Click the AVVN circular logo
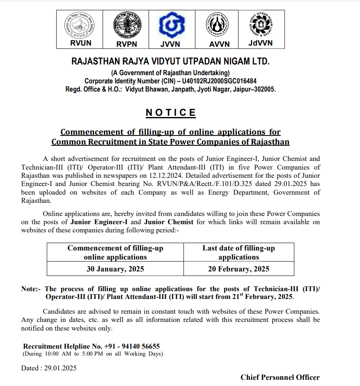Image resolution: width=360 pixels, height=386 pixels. [219, 25]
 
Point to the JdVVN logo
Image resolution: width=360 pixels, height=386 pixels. [261, 24]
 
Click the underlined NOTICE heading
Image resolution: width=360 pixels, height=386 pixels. [171, 113]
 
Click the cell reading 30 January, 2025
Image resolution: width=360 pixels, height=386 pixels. [115, 269]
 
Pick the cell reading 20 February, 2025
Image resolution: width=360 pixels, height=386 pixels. [238, 269]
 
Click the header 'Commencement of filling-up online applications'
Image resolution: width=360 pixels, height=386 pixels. [115, 253]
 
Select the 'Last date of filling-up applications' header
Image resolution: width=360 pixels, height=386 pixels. [238, 253]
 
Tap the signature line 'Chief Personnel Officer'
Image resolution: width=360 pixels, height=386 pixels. [280, 377]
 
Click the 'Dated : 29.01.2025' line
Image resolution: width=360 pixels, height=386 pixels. [49, 368]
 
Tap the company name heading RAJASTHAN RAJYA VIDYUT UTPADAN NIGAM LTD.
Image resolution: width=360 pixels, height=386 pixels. [171, 62]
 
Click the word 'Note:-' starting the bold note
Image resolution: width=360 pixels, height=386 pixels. [31, 289]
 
